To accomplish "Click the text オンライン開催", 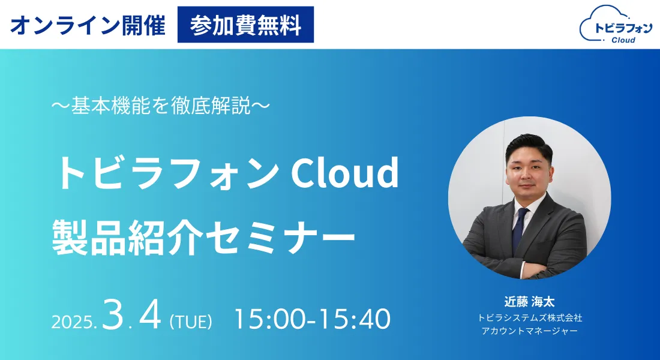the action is click(x=88, y=25).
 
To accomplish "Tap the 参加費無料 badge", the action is click(x=245, y=25).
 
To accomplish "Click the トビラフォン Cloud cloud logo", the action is click(x=616, y=25).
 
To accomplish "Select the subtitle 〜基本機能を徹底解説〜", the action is click(x=160, y=106).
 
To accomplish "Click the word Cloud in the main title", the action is click(x=344, y=173).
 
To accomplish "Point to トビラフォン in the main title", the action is click(x=167, y=173).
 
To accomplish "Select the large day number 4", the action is click(x=150, y=314).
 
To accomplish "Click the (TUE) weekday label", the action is click(x=191, y=322).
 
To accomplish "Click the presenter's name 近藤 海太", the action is click(x=530, y=302).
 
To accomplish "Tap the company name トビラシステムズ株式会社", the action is click(x=530, y=318).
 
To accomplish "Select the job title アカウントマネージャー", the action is click(x=530, y=331).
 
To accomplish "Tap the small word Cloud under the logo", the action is click(x=623, y=40).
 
